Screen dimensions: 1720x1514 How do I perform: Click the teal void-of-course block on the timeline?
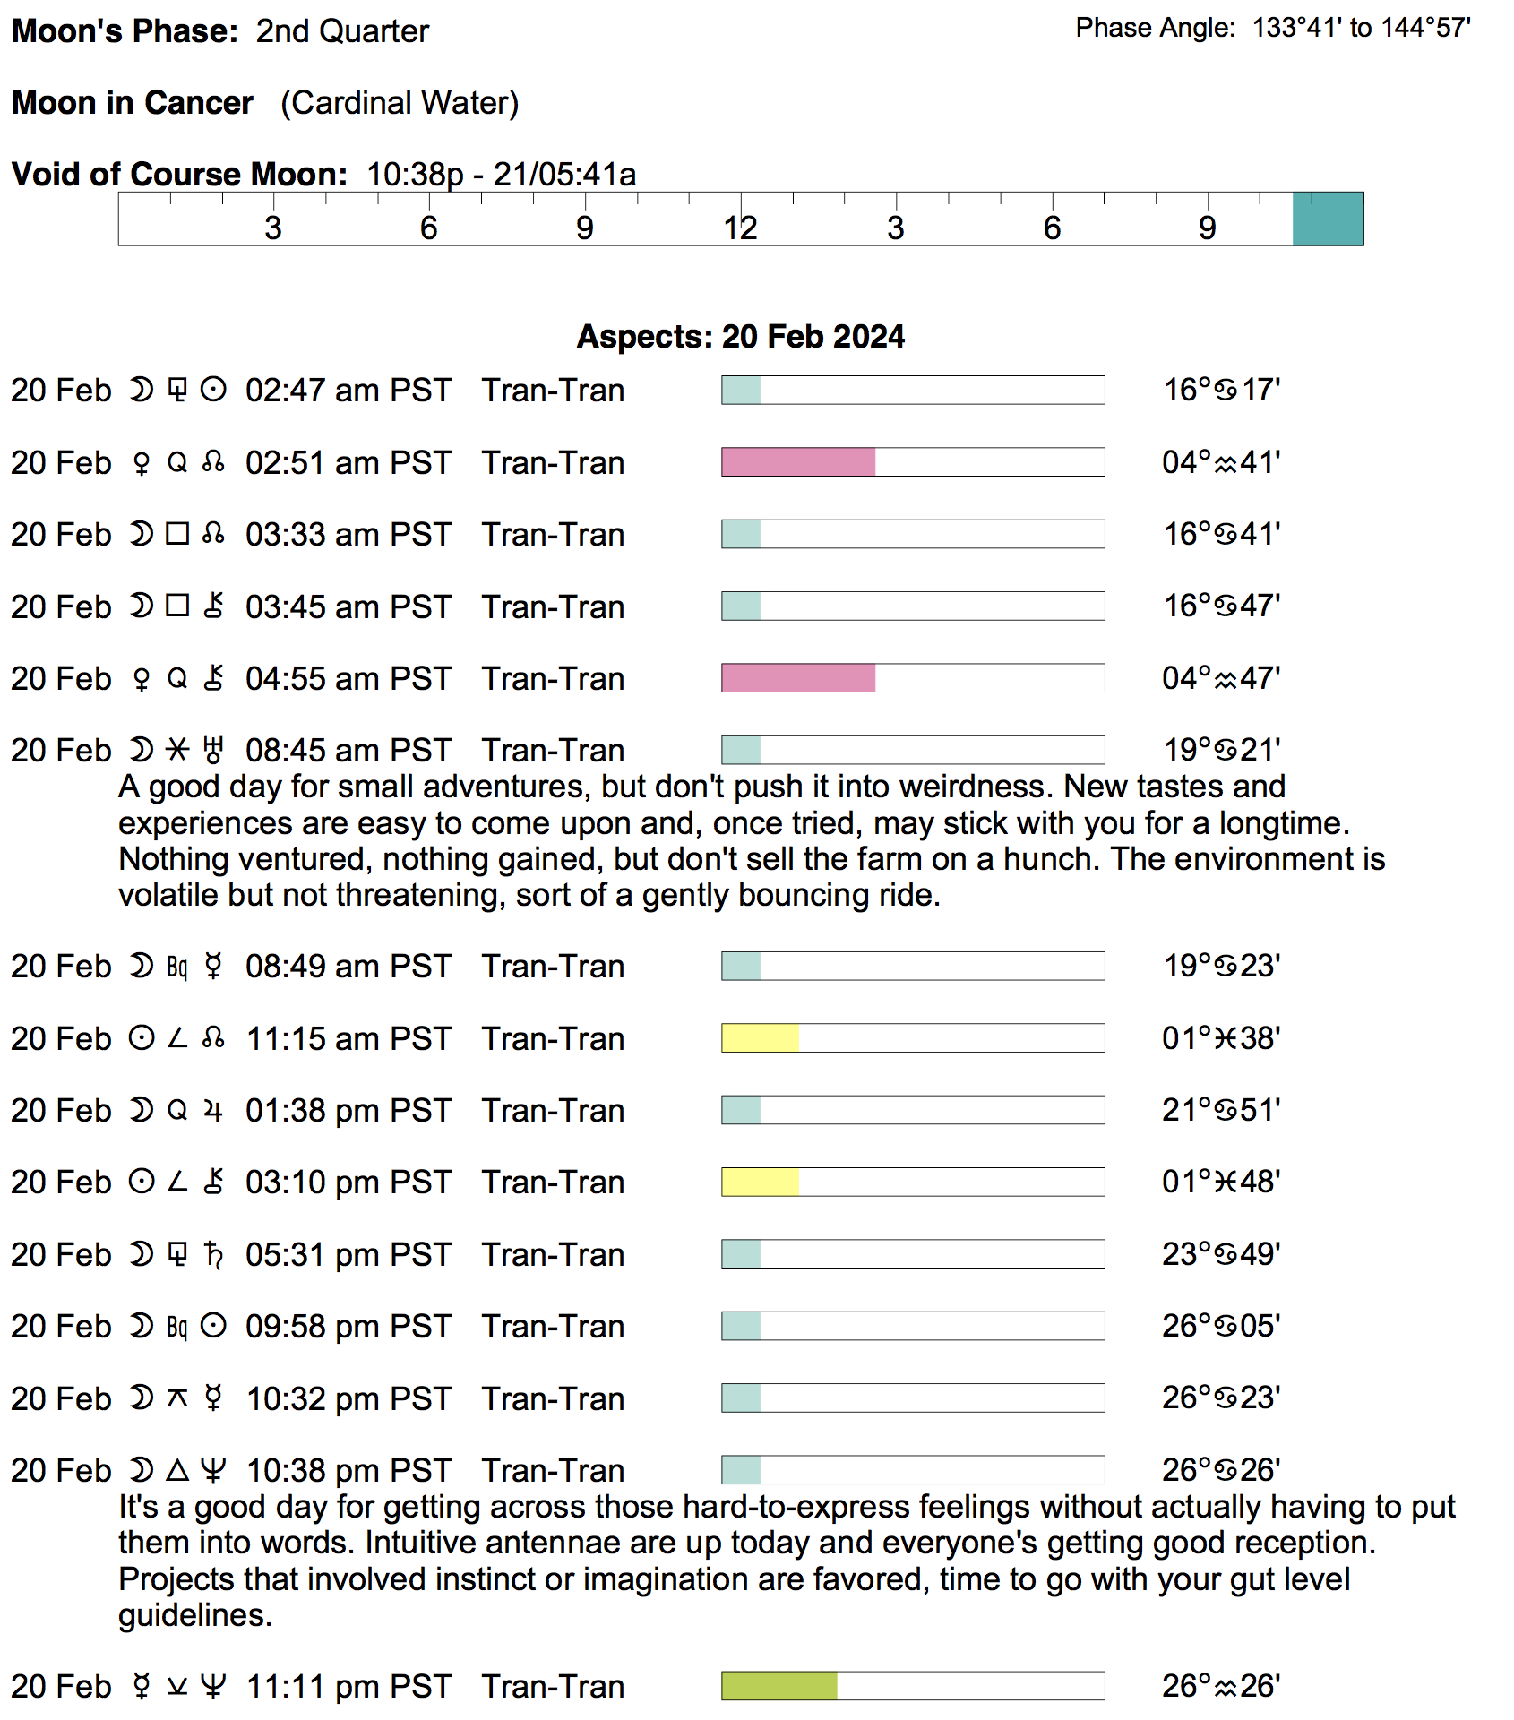point(1328,219)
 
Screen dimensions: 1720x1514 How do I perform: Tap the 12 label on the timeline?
point(741,228)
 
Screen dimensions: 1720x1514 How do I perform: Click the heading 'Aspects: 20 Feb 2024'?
point(740,337)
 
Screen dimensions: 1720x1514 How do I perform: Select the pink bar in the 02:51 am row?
point(798,462)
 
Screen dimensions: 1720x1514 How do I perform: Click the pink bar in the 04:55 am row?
point(798,678)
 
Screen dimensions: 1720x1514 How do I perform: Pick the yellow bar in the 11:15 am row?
point(760,1038)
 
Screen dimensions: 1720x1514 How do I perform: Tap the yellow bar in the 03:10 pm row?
point(760,1182)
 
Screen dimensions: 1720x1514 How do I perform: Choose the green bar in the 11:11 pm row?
point(779,1686)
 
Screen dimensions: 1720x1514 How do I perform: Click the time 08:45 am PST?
point(348,751)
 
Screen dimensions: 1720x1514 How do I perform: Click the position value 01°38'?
point(1221,1038)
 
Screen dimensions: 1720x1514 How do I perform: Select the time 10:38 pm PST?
point(348,1471)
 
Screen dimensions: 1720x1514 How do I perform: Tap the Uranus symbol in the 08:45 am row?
point(213,750)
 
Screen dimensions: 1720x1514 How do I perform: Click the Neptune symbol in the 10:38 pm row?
point(213,1470)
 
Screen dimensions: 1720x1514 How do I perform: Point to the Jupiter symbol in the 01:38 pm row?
point(213,1111)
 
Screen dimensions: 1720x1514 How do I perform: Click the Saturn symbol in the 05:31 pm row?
point(213,1254)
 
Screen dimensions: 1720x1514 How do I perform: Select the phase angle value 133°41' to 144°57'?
point(1361,29)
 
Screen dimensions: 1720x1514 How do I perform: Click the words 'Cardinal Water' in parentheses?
point(400,103)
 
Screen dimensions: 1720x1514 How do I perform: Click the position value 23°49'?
point(1221,1254)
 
